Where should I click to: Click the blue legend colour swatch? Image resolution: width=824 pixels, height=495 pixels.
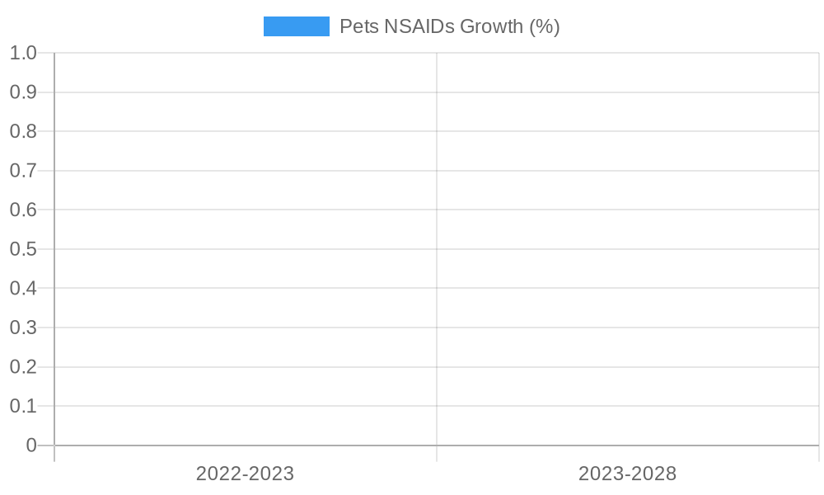(x=296, y=26)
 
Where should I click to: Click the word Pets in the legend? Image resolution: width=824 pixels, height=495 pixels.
(x=359, y=26)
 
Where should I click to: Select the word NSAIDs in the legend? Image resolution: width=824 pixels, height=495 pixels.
(x=419, y=26)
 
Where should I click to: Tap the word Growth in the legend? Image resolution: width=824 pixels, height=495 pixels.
(x=491, y=26)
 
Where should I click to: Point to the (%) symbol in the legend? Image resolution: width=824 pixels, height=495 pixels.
(x=544, y=26)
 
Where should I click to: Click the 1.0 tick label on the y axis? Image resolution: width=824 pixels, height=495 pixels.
(x=23, y=53)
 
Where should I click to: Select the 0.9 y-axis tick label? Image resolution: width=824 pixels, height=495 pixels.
(x=23, y=92)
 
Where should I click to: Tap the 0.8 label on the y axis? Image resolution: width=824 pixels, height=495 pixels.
(x=23, y=131)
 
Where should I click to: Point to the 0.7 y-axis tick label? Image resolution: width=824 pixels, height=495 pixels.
(x=23, y=171)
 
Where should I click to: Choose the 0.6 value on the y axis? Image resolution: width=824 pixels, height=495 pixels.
(x=23, y=210)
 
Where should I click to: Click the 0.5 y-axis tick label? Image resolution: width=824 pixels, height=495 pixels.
(x=23, y=249)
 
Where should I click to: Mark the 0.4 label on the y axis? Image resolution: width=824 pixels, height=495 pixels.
(x=23, y=288)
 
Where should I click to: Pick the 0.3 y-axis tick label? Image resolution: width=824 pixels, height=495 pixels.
(x=23, y=328)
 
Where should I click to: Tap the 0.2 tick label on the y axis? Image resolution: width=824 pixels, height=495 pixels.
(x=23, y=366)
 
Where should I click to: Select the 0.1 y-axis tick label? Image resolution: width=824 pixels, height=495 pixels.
(x=23, y=406)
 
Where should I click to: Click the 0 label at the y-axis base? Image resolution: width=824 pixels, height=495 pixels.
(x=31, y=445)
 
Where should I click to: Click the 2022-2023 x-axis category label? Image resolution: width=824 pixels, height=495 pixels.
(x=245, y=474)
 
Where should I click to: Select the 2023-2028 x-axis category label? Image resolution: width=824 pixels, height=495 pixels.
(x=627, y=474)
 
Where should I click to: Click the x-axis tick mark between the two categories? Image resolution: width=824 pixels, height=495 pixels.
(x=437, y=454)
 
